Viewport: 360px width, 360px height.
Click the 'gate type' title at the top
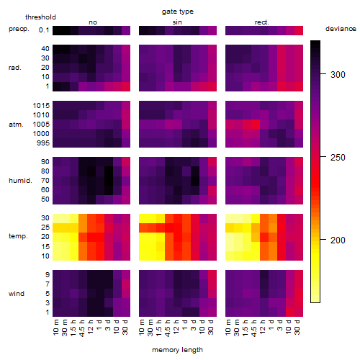178,12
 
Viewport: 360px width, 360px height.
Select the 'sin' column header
177,22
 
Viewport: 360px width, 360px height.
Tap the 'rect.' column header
261,22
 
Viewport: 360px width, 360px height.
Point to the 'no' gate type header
93,22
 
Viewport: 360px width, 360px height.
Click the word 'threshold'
40,17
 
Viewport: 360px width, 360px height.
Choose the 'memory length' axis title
177,350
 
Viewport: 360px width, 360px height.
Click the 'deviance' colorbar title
341,29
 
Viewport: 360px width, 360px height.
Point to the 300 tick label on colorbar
338,75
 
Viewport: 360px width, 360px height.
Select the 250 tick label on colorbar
338,158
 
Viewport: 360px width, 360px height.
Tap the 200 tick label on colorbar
338,240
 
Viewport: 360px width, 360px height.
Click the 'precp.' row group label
19,29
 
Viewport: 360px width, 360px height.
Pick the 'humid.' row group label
20,181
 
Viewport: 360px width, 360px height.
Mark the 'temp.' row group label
18,236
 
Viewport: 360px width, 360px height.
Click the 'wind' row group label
17,294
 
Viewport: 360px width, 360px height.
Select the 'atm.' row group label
16,125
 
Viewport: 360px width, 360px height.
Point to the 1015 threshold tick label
41,106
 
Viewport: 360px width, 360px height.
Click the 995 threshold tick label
43,143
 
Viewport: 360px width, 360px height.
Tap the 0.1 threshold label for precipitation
44,30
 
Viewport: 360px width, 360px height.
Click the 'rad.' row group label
15,68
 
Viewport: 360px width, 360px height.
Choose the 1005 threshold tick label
41,125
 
